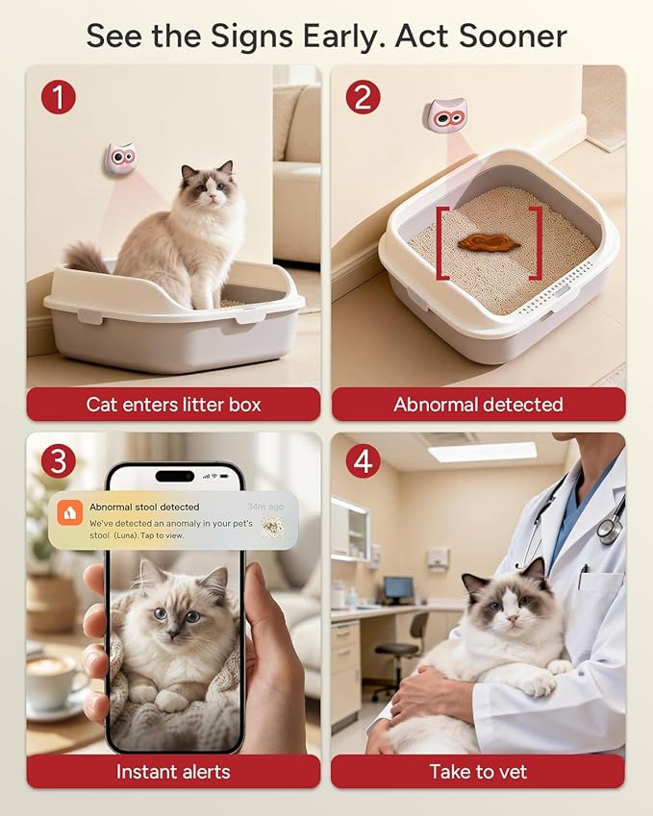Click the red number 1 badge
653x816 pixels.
click(58, 97)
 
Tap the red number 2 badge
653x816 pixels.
click(364, 97)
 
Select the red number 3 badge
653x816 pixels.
click(58, 461)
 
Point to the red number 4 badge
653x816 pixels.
click(364, 461)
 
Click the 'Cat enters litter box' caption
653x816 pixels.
click(173, 405)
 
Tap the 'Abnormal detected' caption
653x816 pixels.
click(478, 405)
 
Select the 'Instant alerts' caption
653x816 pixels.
click(173, 771)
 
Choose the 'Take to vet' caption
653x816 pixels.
click(478, 771)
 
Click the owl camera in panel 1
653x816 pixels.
click(119, 159)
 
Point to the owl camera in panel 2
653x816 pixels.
click(445, 115)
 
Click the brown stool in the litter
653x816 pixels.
click(489, 242)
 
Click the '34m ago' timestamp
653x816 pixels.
click(264, 507)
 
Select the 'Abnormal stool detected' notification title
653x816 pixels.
click(144, 507)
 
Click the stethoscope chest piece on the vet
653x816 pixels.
click(608, 531)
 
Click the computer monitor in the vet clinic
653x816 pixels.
click(398, 588)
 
